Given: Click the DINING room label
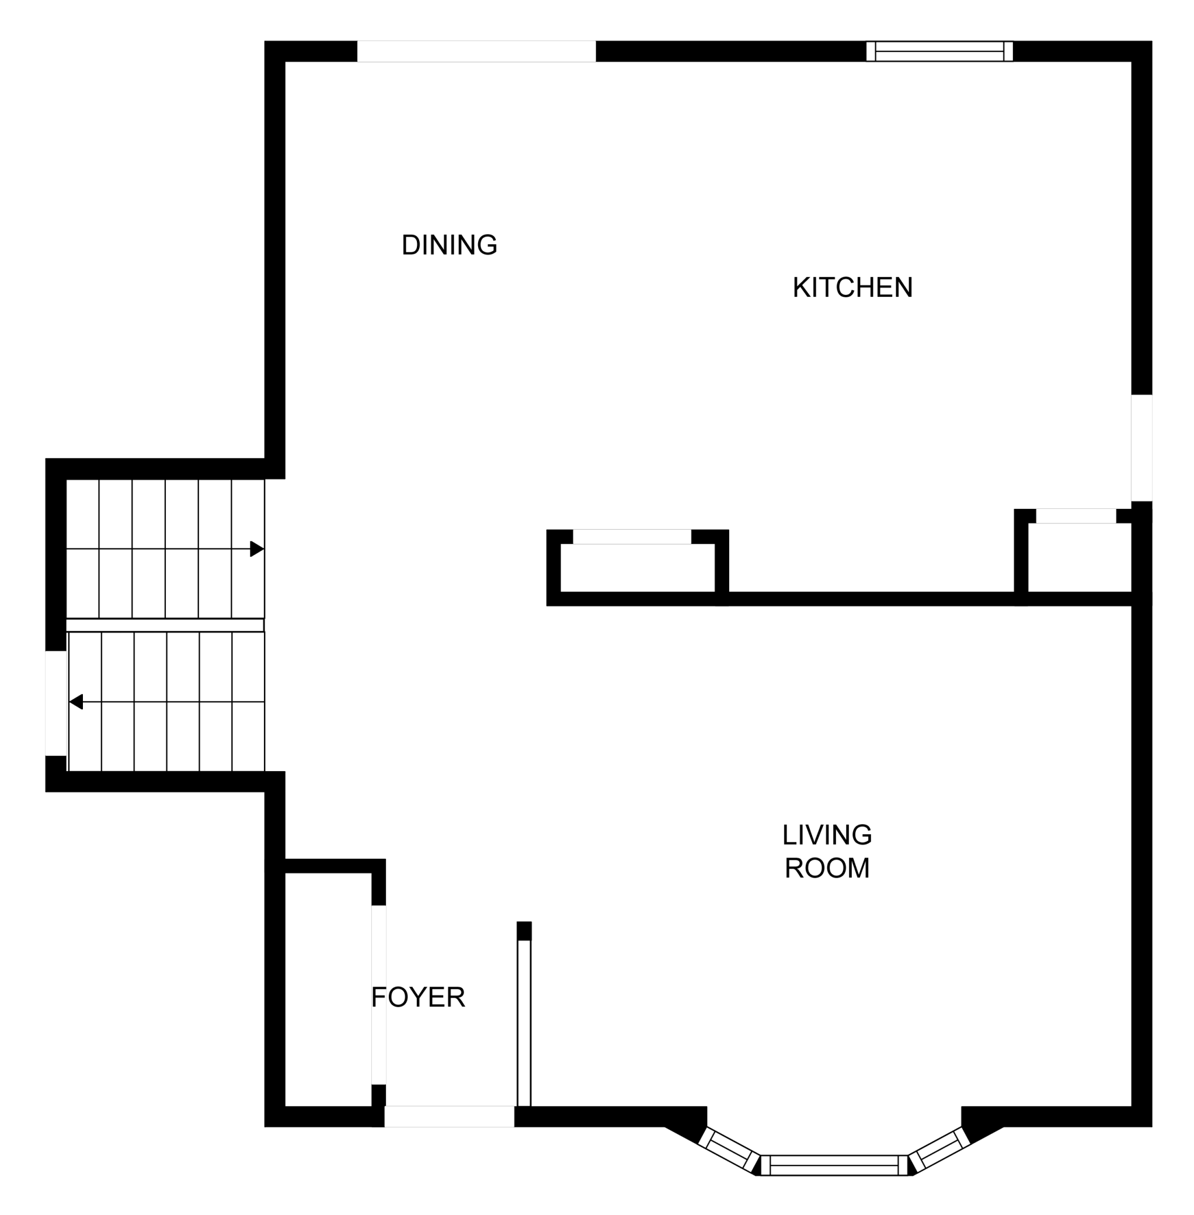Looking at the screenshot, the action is pyautogui.click(x=449, y=245).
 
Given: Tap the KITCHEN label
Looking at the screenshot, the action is pyautogui.click(x=852, y=287).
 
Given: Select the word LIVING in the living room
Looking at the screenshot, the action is pyautogui.click(x=827, y=835).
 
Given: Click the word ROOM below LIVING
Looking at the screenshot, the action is pyautogui.click(x=827, y=868).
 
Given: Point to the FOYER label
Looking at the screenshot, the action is pyautogui.click(x=418, y=997).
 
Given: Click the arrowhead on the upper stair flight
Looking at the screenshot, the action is pyautogui.click(x=257, y=549).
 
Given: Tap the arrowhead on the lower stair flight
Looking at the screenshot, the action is pyautogui.click(x=76, y=702).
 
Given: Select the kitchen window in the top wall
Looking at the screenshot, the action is pyautogui.click(x=939, y=51).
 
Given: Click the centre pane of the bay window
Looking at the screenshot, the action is pyautogui.click(x=833, y=1165).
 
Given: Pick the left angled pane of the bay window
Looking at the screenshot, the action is pyautogui.click(x=729, y=1148).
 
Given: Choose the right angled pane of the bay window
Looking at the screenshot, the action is pyautogui.click(x=939, y=1149).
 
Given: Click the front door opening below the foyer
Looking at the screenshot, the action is pyautogui.click(x=449, y=1116).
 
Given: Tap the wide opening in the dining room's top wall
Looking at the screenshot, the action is pyautogui.click(x=476, y=51).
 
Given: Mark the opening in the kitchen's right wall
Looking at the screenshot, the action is pyautogui.click(x=1141, y=448).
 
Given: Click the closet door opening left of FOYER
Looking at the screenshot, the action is pyautogui.click(x=379, y=995).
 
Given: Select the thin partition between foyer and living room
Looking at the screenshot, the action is pyautogui.click(x=524, y=1013).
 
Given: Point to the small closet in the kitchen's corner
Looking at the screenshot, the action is pyautogui.click(x=1079, y=557).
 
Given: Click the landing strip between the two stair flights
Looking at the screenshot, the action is pyautogui.click(x=165, y=625).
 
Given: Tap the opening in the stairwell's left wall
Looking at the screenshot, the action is pyautogui.click(x=56, y=703).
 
